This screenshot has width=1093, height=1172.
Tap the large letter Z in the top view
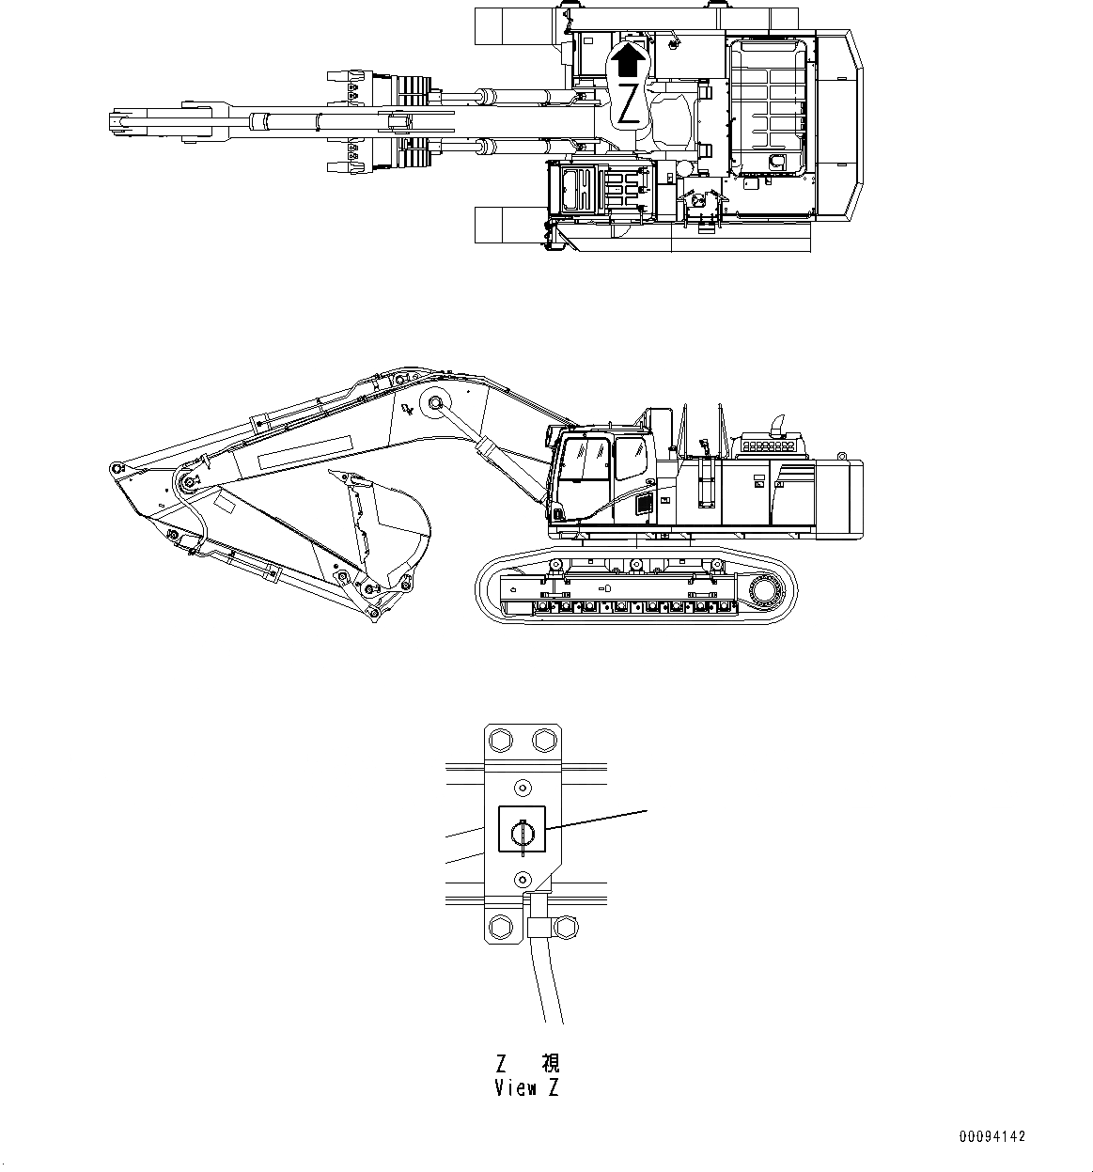(629, 106)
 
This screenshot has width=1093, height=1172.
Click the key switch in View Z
(522, 831)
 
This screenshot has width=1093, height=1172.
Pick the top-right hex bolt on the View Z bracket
(543, 740)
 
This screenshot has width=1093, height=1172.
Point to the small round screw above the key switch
(522, 786)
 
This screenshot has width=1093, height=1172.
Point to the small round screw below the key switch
(522, 877)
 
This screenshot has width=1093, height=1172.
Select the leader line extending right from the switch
(601, 818)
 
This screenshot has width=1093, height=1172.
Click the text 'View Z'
(527, 1088)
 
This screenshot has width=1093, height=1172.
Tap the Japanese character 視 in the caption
(551, 1064)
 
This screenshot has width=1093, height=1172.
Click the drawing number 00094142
(992, 1137)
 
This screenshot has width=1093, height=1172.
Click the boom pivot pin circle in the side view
(435, 402)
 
